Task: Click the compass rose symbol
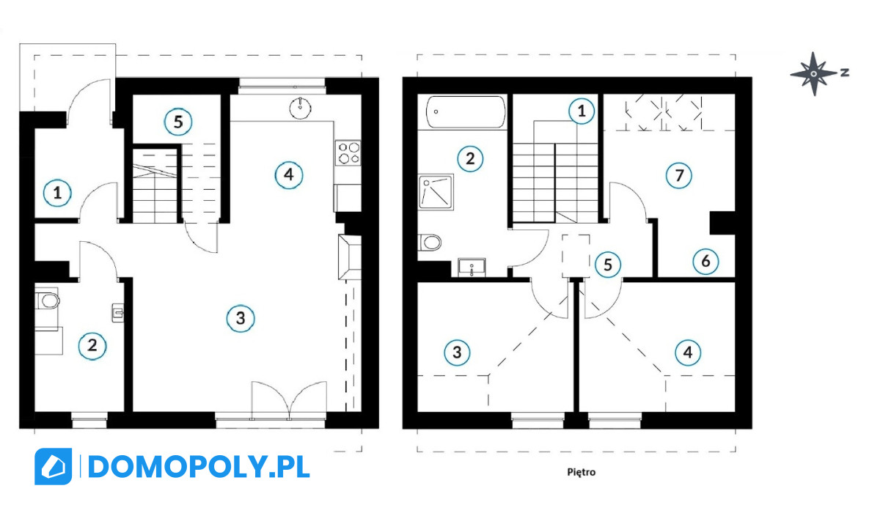click(813, 73)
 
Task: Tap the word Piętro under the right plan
click(581, 472)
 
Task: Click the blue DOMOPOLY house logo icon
click(53, 466)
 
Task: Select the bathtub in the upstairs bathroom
click(466, 112)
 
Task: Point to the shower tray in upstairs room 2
click(436, 192)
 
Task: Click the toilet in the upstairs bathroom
click(430, 243)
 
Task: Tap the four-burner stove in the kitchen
click(348, 152)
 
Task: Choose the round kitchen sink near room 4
click(301, 107)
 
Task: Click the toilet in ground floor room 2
click(48, 301)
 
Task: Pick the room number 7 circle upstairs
click(679, 175)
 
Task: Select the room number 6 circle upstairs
click(705, 261)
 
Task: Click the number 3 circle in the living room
click(241, 318)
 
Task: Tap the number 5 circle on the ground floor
click(178, 122)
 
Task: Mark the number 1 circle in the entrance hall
click(57, 193)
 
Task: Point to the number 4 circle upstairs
click(688, 353)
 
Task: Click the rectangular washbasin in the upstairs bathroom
click(472, 268)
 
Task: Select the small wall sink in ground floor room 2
click(118, 312)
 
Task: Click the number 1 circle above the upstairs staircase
click(582, 111)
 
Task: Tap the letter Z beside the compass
click(845, 73)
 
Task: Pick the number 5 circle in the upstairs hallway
click(607, 265)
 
